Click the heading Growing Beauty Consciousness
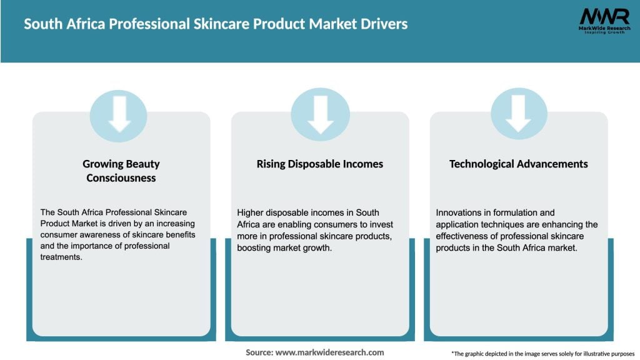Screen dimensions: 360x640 (x=121, y=171)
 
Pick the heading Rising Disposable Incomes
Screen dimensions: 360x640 (x=320, y=164)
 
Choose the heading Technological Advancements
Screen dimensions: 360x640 (x=519, y=164)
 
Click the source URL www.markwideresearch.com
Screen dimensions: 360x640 (x=329, y=352)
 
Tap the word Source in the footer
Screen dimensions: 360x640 (x=259, y=352)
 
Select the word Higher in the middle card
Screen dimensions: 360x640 (x=251, y=213)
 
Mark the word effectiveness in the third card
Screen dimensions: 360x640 (x=466, y=236)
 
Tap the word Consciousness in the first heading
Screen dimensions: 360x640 (x=121, y=178)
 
